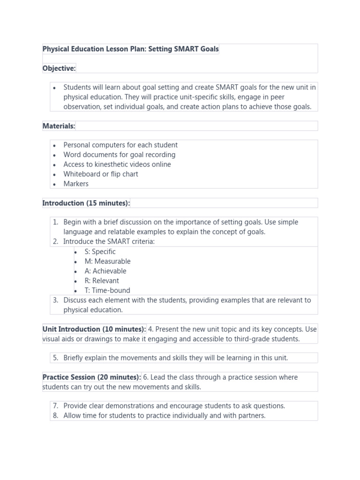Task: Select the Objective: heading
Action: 59,68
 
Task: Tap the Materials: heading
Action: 59,126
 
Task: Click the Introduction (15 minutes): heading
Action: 86,203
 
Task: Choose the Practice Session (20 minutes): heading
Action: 91,377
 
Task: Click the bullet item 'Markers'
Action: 76,184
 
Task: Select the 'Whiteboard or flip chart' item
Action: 101,174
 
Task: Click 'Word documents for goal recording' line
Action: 120,155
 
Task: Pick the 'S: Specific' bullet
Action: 100,252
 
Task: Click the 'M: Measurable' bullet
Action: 107,262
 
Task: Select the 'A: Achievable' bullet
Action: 105,271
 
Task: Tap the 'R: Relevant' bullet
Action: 102,281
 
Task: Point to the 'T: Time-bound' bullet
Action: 107,290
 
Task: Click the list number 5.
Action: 55,358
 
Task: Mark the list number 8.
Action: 55,416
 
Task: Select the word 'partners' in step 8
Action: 251,416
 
